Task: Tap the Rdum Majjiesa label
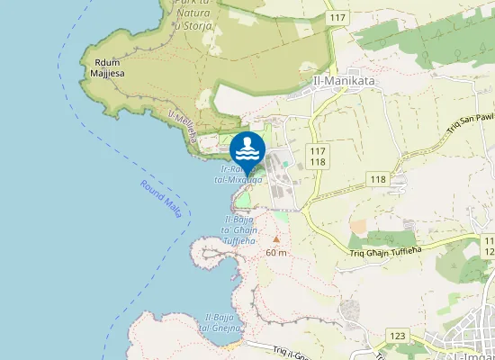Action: (x=107, y=67)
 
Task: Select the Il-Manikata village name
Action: (x=343, y=80)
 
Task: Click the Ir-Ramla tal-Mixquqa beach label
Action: (x=238, y=175)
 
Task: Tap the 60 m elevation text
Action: (x=276, y=253)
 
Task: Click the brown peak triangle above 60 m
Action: (x=276, y=239)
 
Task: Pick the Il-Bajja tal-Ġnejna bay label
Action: (x=221, y=322)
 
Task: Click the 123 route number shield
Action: (x=397, y=335)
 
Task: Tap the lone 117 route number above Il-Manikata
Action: (x=338, y=18)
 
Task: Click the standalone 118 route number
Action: (x=377, y=180)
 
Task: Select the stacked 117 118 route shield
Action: (x=318, y=156)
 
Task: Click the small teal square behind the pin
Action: (x=286, y=164)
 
